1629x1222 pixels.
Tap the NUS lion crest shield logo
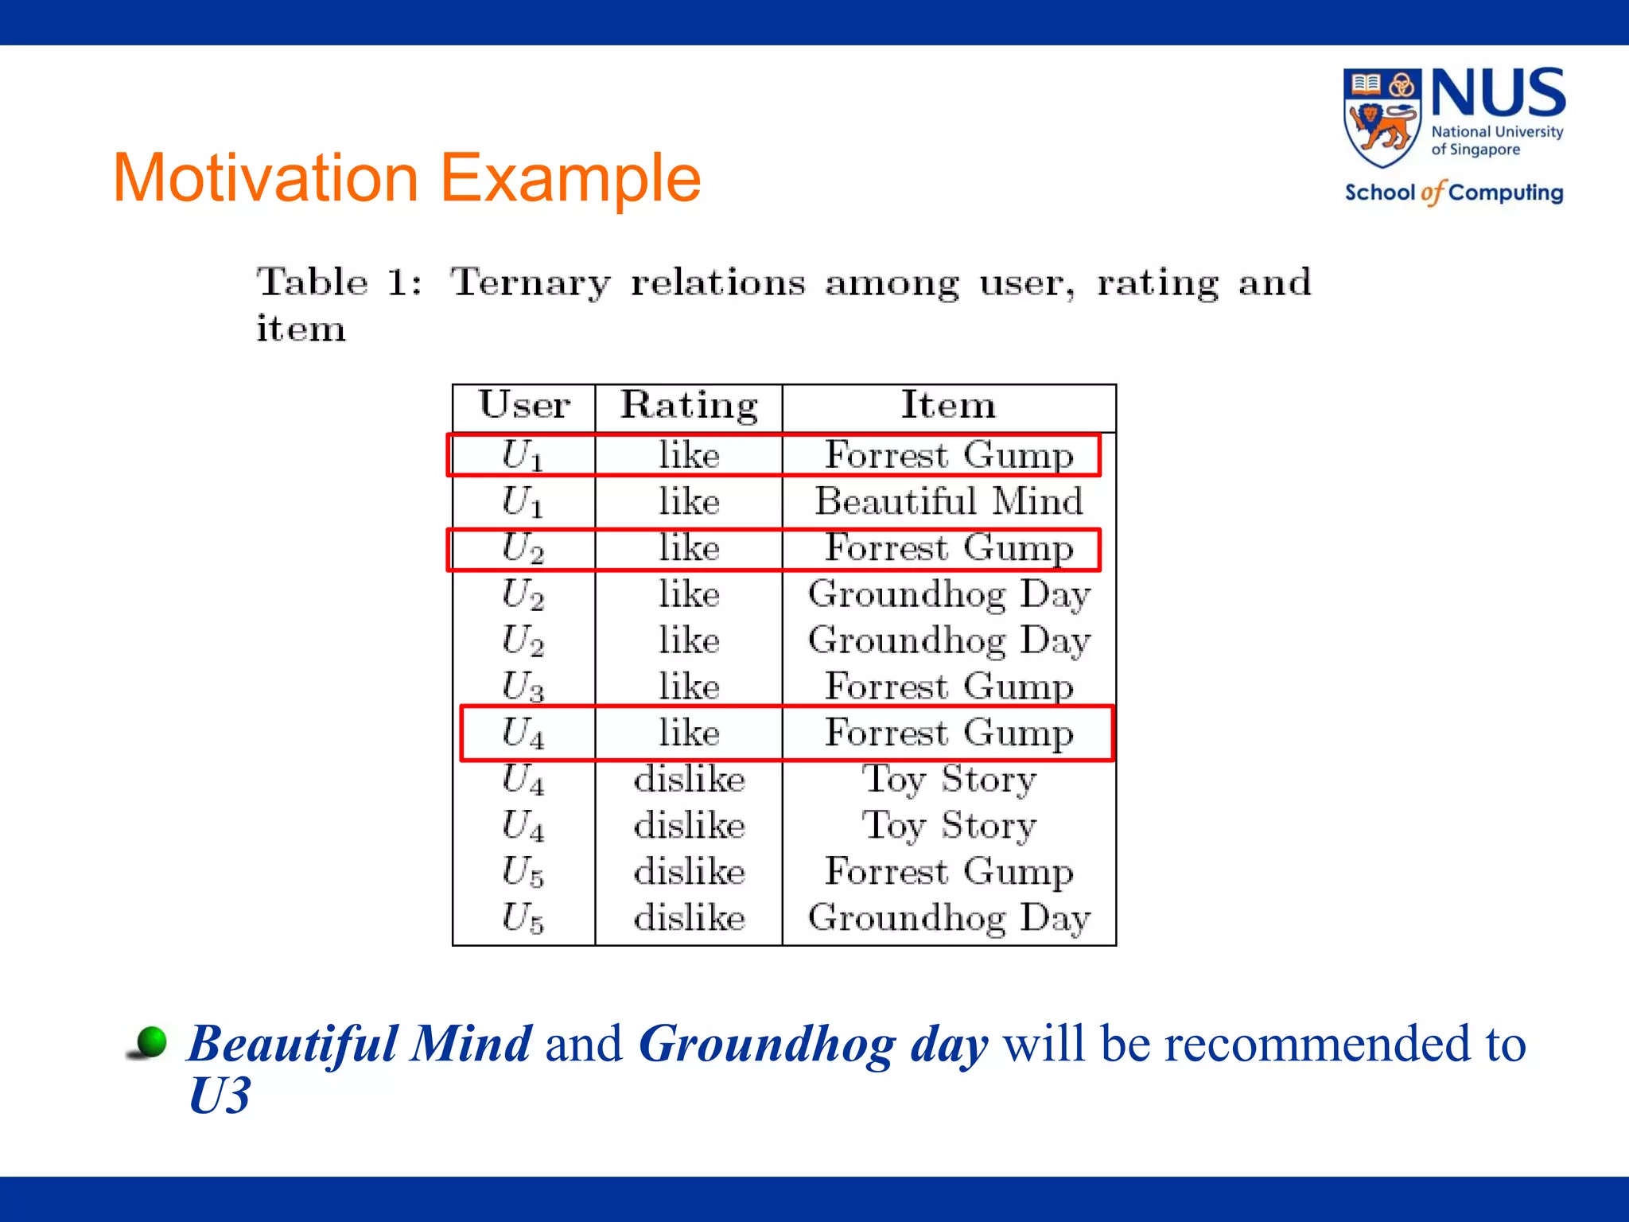[1382, 118]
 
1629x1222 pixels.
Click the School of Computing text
[1453, 193]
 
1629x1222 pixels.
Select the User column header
[524, 405]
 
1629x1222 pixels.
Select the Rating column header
[689, 406]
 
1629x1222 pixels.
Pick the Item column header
[948, 405]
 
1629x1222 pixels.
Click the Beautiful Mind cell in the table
[948, 502]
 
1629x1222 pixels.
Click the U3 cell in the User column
[523, 687]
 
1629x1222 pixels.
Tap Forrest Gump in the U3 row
[948, 687]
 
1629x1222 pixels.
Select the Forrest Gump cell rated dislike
[948, 872]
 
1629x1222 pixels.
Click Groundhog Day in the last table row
[948, 918]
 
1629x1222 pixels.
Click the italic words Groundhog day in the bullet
[813, 1045]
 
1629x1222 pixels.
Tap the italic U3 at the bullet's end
[220, 1096]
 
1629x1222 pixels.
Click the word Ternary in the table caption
[531, 282]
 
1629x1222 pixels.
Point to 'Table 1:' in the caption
[340, 282]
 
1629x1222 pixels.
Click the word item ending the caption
[301, 329]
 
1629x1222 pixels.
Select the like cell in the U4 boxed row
[689, 733]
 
